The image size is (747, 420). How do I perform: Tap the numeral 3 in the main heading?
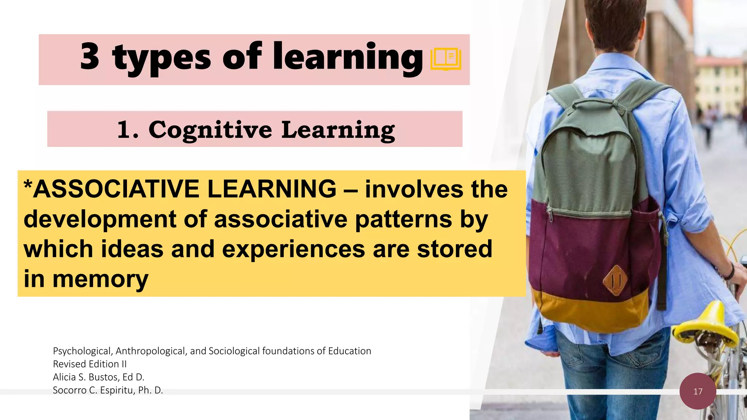coord(90,56)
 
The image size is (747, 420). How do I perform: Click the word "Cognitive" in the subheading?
coord(210,130)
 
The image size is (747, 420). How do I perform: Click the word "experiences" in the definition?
coord(293,249)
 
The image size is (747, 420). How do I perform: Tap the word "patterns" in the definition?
coord(403,219)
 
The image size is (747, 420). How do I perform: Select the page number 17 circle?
coord(698,391)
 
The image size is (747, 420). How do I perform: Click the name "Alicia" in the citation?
coord(64,377)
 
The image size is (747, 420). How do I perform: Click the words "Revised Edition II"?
coord(90,364)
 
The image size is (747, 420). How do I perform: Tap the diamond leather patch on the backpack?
coord(615,280)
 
